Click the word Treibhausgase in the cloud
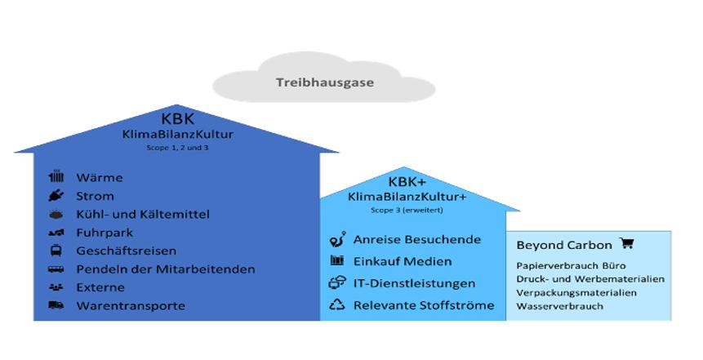pos(314,82)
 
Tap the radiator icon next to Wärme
pos(56,177)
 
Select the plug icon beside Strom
pos(56,196)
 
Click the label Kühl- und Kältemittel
pos(143,214)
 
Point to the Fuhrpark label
pos(105,233)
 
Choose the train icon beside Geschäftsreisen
pos(56,251)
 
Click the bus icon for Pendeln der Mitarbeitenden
pos(56,269)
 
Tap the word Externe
pos(100,287)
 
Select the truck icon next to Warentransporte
pos(56,306)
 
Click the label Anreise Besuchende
pos(416,240)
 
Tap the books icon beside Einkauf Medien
pos(336,261)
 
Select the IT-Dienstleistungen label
pos(414,283)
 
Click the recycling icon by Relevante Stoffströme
pos(336,305)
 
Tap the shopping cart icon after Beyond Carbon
pos(626,243)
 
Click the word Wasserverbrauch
pos(559,306)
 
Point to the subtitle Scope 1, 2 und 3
pos(177,147)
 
